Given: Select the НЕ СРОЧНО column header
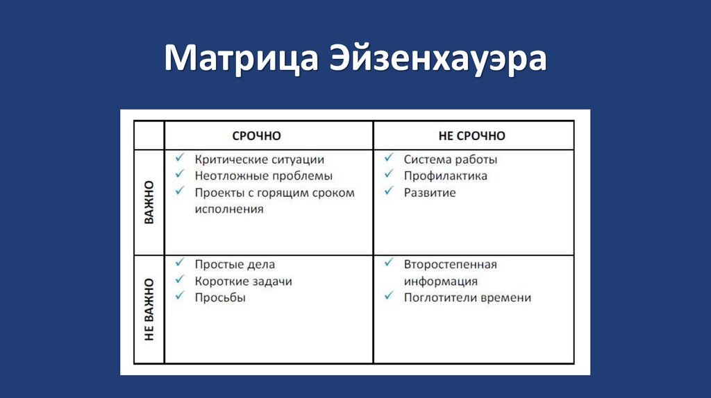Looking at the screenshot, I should point(472,136).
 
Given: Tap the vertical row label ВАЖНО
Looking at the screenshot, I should point(149,202).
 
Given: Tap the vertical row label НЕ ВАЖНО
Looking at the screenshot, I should point(149,309).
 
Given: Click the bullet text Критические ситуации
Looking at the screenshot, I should point(260,159).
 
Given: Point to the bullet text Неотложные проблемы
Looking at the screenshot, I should point(264,176).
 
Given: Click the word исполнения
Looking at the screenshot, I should point(229,209).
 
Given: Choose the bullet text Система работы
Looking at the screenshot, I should point(451,159).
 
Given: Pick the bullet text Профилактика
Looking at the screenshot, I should point(446,176).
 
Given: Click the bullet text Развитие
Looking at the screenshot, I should point(430,193).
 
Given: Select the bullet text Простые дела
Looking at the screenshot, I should point(235,265).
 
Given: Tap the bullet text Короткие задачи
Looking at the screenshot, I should point(243,282).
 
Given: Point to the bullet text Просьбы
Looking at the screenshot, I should point(220,297).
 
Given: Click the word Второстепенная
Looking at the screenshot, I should point(451,265).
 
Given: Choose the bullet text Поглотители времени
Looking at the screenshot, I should point(467,297).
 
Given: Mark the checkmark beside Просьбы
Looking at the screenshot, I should point(180,297).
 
